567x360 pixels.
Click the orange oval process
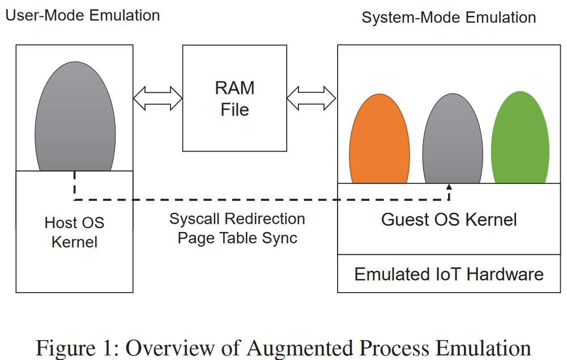pos(379,139)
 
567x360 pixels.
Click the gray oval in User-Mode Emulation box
pos(75,116)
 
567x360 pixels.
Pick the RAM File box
pos(235,98)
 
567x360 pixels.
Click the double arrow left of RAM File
pos(157,98)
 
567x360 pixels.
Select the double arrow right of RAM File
pos(312,98)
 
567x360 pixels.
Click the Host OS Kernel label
pos(74,232)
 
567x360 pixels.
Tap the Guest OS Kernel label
pos(449,220)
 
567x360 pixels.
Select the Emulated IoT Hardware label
pos(449,275)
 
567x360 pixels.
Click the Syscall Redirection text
pos(237,218)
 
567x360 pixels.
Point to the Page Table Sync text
pos(237,238)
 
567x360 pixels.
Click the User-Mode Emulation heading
pos(83,15)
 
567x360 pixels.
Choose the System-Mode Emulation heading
pos(449,18)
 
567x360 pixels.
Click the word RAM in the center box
pos(235,88)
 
